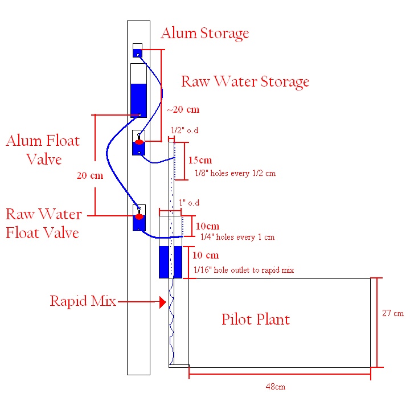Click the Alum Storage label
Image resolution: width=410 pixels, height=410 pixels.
[205, 34]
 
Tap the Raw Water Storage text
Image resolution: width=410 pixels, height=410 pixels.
[245, 81]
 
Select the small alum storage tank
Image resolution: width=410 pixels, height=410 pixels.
[138, 51]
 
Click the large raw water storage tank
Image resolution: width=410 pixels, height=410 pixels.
[138, 91]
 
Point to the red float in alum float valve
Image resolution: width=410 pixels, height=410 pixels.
[139, 142]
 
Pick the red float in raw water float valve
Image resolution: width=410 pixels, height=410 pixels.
[139, 216]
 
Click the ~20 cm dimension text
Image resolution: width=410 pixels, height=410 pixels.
[183, 109]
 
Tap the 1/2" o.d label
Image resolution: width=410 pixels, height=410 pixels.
[184, 130]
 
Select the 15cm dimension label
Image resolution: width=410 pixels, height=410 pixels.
[200, 160]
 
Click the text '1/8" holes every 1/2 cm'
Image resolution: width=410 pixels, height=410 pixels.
[235, 173]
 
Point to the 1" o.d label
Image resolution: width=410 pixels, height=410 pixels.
[189, 203]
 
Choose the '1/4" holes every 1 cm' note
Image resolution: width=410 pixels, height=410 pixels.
[237, 237]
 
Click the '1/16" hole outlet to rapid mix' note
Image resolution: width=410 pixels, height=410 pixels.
[244, 270]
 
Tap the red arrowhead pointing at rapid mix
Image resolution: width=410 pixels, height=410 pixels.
[163, 302]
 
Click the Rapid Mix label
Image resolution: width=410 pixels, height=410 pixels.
[83, 301]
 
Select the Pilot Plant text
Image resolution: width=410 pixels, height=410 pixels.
[256, 319]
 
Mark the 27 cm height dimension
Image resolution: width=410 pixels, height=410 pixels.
[393, 313]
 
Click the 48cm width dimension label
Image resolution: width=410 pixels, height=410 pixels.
[276, 387]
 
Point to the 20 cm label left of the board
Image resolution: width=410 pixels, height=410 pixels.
[90, 175]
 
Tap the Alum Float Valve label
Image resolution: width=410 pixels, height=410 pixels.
[43, 150]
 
